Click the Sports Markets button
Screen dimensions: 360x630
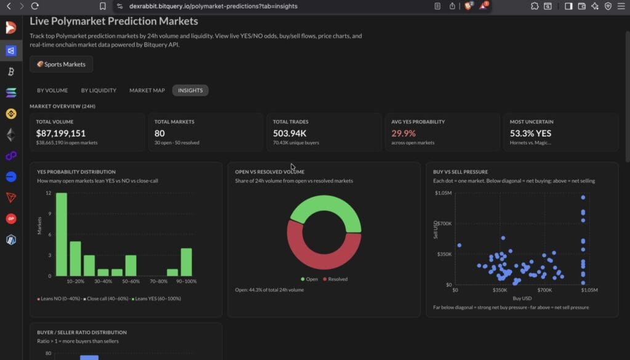pos(61,64)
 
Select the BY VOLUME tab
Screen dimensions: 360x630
pos(52,90)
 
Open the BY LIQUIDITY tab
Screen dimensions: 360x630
pos(98,90)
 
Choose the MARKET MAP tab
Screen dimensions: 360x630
pos(147,90)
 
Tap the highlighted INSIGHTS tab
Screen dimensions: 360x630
pos(190,90)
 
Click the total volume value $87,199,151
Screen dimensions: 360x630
pos(60,133)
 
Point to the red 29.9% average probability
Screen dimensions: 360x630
pos(404,133)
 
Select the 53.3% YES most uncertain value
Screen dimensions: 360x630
pos(530,133)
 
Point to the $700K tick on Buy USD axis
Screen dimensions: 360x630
pos(544,290)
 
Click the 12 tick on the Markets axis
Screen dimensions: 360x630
pos(49,193)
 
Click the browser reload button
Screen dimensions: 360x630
pos(34,6)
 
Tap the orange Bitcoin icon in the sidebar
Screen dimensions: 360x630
pos(10,72)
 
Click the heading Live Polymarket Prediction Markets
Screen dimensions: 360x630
pos(114,21)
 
